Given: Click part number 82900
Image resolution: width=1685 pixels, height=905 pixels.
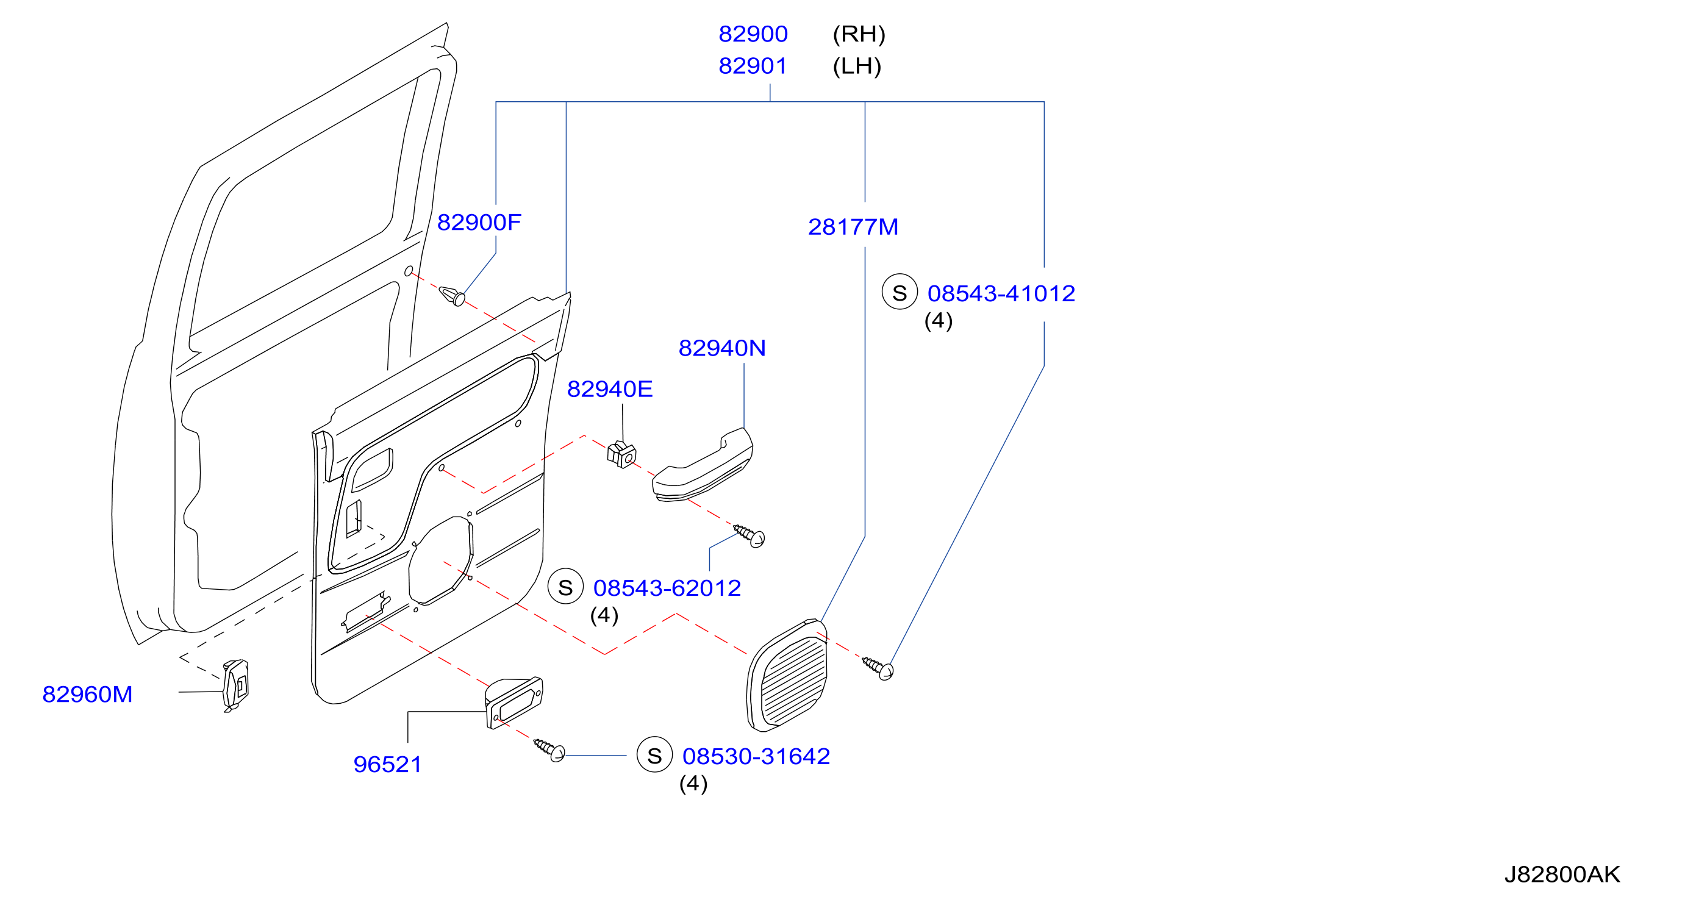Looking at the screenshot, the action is pos(753,34).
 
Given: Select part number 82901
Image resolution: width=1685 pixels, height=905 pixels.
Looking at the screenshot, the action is pos(753,66).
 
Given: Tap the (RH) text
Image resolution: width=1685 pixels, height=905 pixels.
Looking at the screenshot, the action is pos(859,34).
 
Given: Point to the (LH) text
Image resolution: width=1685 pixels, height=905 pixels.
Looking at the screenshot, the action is pos(857,66).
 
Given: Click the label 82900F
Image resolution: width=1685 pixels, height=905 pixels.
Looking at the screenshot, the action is pos(479,223).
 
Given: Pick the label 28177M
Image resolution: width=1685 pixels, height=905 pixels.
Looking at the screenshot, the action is pos(853,227).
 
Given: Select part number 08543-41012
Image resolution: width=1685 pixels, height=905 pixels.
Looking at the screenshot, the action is pos(1001,293).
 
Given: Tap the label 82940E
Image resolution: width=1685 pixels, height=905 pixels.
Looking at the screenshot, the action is pos(610,389).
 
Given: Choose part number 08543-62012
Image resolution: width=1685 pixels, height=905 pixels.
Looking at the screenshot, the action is pos(667,588).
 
